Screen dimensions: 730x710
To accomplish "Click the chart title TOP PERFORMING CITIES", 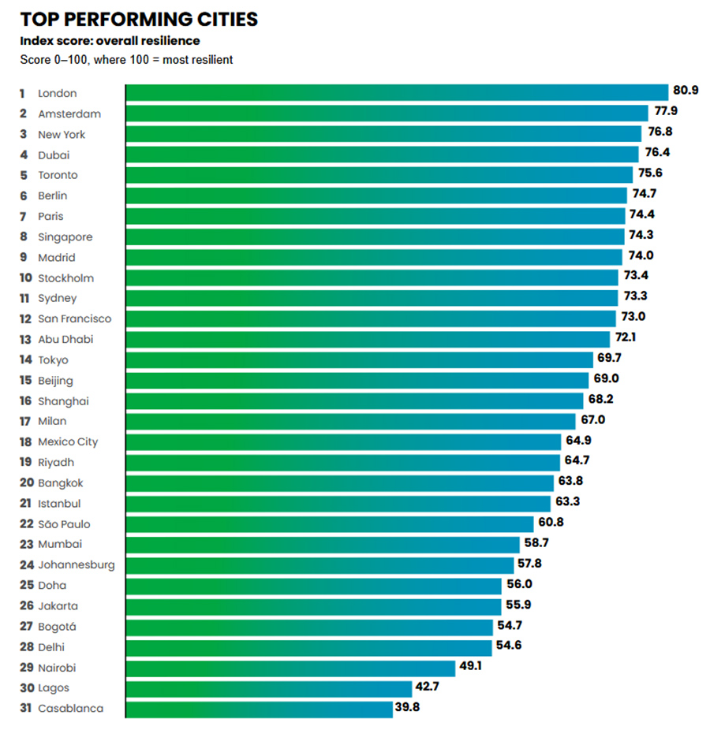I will (139, 19).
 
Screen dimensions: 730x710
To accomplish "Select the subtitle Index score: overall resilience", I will (110, 41).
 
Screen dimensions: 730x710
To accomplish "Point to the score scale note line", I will (126, 60).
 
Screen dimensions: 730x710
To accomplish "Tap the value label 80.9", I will (685, 91).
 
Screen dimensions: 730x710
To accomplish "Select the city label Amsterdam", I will (69, 114).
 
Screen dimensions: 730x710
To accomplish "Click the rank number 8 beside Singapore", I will (23, 237).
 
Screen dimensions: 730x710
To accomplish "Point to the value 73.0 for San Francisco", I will (632, 317).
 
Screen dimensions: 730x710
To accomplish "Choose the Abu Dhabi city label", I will (65, 339).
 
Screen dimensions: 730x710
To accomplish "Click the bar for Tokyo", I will (359, 359).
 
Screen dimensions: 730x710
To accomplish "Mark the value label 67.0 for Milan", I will (592, 419).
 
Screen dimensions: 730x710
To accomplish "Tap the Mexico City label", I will (68, 441).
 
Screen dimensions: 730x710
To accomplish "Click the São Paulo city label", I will (64, 523).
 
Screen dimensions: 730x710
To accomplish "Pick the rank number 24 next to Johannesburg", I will (26, 564).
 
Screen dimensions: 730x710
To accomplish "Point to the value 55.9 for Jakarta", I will (517, 604).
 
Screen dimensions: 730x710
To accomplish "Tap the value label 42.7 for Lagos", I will (428, 686).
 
